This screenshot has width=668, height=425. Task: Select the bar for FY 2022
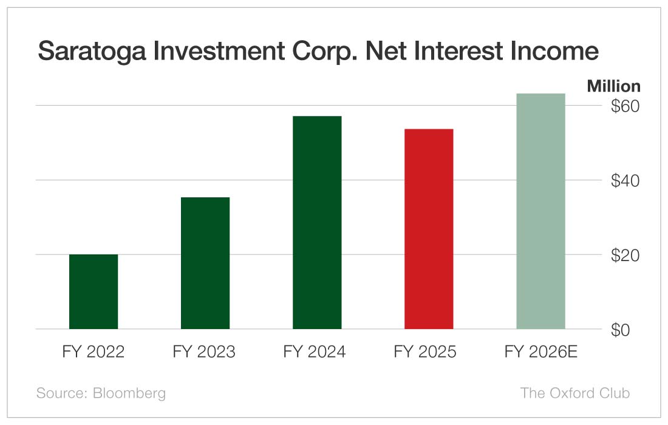coord(94,291)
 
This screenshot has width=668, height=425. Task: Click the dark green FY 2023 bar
coord(205,263)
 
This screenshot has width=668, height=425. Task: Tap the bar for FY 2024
coord(317,222)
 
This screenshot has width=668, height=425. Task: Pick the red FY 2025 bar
coord(429,229)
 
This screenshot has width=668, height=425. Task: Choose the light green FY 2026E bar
coord(540,211)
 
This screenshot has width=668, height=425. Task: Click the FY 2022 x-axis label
coord(94,352)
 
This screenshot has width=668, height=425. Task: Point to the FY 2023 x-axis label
coord(204,352)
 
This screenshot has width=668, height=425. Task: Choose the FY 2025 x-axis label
coord(425,352)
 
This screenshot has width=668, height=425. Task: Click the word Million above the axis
coord(613,86)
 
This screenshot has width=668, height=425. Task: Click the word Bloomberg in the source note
coord(129,393)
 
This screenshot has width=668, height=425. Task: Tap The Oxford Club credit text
coord(574,393)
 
